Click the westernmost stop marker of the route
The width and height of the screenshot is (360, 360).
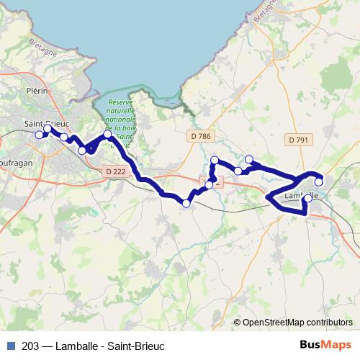(x=40, y=135)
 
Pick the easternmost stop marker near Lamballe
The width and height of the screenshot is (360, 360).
(x=319, y=182)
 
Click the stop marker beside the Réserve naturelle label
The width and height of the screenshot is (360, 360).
(x=108, y=134)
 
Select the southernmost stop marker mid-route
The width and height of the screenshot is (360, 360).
(x=186, y=204)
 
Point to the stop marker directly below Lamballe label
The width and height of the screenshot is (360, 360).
(x=308, y=198)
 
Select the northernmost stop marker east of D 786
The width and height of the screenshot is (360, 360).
(x=249, y=159)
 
